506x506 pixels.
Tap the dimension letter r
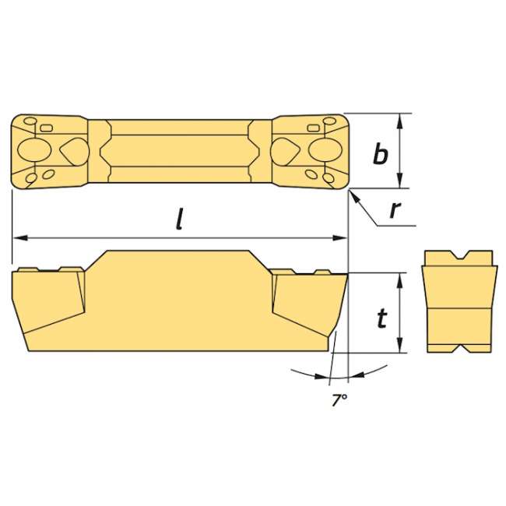pos(395,209)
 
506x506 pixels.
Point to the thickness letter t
pos(382,318)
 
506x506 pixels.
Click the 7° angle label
pos(339,400)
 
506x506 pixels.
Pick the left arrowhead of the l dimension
pos(19,238)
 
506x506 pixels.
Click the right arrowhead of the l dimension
pos(340,238)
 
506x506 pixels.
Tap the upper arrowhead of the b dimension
pos(400,121)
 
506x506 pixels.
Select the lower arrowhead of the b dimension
pos(400,181)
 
